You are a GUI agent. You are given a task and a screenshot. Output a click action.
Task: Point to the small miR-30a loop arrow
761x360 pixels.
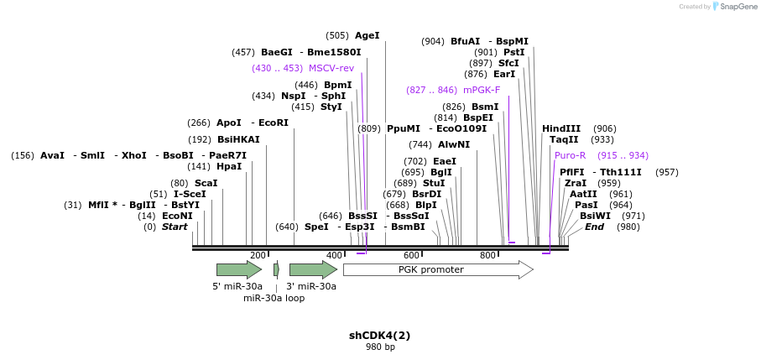[x=276, y=269]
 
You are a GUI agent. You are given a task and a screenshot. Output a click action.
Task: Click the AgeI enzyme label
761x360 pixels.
[x=367, y=36]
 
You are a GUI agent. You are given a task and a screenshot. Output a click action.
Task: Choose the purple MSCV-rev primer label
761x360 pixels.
[x=331, y=69]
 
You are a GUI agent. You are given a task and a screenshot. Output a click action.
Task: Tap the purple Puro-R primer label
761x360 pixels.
[x=571, y=156]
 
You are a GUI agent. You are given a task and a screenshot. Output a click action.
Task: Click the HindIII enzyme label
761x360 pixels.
[x=561, y=128]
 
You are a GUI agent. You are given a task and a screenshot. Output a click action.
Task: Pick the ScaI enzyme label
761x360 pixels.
[x=206, y=184]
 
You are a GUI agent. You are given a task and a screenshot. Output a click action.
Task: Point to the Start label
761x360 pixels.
[x=175, y=227]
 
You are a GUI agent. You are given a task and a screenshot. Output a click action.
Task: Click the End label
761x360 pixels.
[x=594, y=227]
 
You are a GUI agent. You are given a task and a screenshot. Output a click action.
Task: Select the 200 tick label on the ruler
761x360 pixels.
[x=258, y=256]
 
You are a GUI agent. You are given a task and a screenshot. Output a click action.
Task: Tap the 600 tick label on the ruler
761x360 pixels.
[x=411, y=256]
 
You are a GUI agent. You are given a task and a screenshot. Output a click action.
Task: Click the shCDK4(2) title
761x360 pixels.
[x=380, y=336]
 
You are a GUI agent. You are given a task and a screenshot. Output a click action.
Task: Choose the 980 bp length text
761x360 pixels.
[x=380, y=347]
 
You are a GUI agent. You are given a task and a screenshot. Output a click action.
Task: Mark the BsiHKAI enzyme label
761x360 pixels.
[x=238, y=140]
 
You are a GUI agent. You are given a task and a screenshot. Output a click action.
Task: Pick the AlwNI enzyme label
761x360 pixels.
[x=451, y=145]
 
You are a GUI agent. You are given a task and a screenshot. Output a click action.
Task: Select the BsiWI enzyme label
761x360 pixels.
[x=595, y=217]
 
